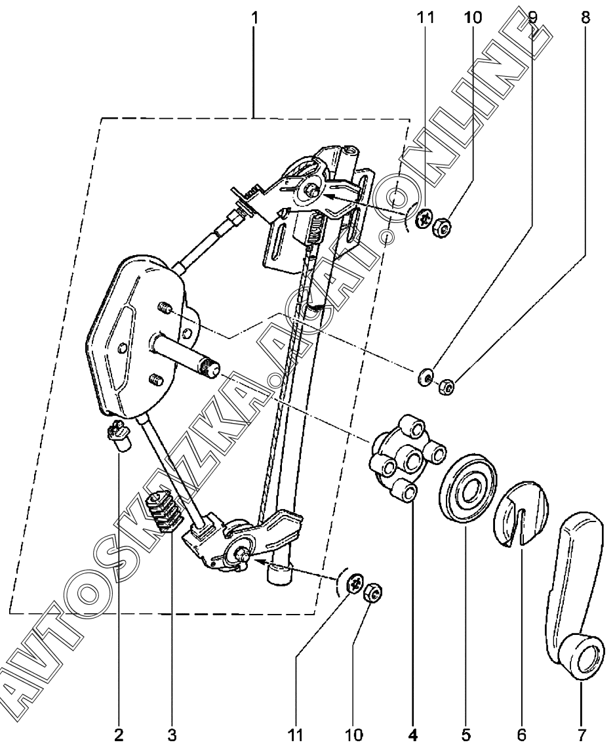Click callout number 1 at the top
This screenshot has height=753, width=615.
click(254, 18)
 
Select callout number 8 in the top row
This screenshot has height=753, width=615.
click(585, 18)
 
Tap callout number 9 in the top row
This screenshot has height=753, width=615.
click(532, 18)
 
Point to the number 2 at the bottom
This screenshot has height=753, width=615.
click(119, 733)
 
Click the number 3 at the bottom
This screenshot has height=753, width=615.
click(172, 733)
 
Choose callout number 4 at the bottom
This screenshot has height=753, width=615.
click(413, 733)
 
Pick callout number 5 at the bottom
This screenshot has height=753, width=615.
click(466, 733)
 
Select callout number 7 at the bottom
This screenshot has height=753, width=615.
click(582, 733)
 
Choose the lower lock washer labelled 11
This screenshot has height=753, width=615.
click(354, 581)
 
